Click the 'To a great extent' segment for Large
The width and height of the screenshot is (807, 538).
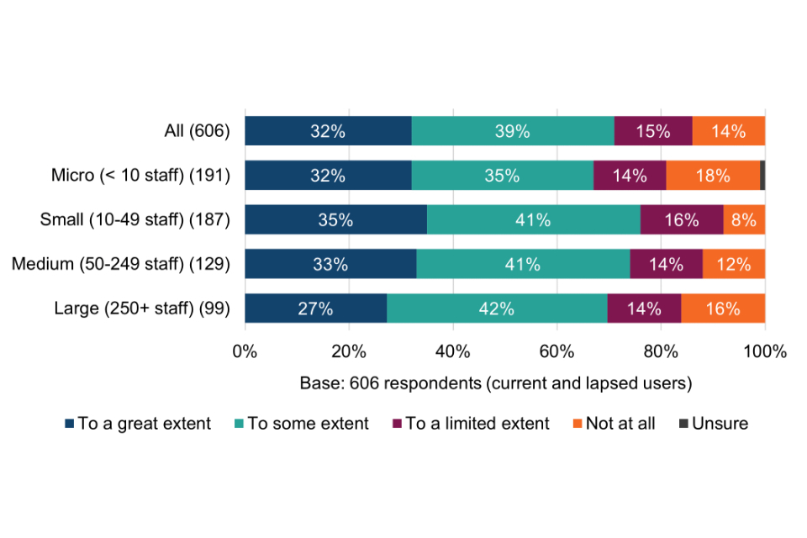click(x=315, y=309)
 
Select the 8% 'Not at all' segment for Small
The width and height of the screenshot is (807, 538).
click(x=744, y=220)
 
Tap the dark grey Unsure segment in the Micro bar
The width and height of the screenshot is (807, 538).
click(x=762, y=176)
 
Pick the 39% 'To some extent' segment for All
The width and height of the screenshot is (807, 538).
click(x=513, y=131)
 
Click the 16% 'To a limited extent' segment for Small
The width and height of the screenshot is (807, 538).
click(x=681, y=220)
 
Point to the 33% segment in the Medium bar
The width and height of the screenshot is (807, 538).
click(x=330, y=264)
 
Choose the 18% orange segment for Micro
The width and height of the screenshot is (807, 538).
click(x=713, y=176)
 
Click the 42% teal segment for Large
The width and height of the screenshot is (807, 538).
click(x=497, y=309)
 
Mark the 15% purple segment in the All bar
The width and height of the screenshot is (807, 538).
click(x=653, y=131)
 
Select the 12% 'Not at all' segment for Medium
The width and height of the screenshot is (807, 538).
click(x=733, y=264)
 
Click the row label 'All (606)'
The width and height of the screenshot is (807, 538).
click(x=197, y=131)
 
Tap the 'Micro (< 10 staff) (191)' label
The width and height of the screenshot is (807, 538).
click(x=140, y=176)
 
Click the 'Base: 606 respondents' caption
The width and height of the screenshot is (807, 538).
click(x=495, y=383)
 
